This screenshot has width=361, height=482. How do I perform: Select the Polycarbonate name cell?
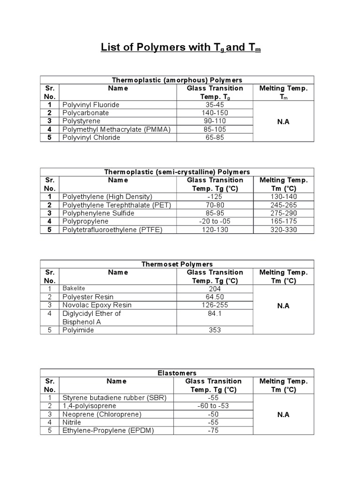click(x=86, y=113)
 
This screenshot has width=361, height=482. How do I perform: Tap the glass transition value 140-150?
click(x=215, y=113)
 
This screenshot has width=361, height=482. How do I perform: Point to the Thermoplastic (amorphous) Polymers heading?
click(x=177, y=80)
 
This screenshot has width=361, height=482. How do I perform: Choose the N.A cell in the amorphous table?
click(x=283, y=121)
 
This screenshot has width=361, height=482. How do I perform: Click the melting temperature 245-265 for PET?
click(x=283, y=205)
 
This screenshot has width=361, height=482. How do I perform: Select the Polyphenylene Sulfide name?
click(x=98, y=213)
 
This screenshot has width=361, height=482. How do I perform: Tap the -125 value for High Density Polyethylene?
click(x=215, y=197)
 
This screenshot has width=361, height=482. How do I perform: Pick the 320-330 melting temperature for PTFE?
click(x=283, y=230)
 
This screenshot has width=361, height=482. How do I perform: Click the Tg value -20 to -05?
click(x=215, y=221)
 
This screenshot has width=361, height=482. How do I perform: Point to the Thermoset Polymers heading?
click(x=177, y=264)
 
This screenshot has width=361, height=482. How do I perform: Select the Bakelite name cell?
click(x=74, y=289)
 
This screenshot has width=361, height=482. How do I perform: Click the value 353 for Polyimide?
click(x=215, y=330)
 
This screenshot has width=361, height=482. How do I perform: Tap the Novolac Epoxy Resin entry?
click(x=97, y=305)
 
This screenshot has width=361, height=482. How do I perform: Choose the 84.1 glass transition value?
click(x=215, y=313)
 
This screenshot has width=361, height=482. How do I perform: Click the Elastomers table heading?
click(x=177, y=373)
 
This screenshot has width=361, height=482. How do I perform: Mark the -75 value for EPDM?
click(x=214, y=431)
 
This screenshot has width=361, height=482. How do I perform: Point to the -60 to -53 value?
click(x=214, y=406)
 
